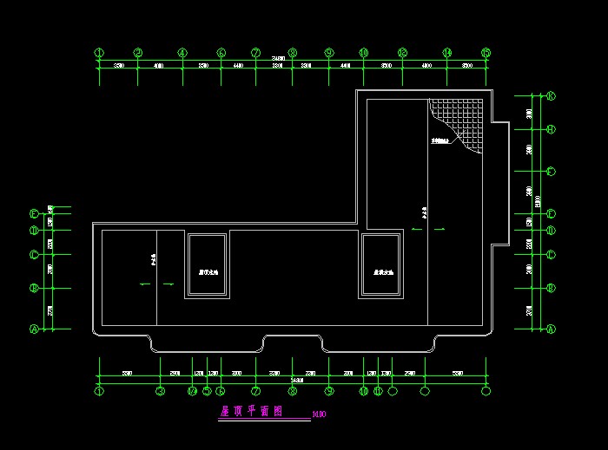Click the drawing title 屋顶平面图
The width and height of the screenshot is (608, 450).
[x=252, y=412]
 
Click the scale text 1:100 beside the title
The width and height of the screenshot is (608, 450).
[x=319, y=414]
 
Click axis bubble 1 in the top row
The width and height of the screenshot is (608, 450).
[x=100, y=53]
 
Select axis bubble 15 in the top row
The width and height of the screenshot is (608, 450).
[x=486, y=53]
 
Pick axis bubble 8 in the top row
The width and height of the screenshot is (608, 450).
[x=293, y=53]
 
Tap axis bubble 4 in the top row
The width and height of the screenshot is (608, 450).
[x=182, y=53]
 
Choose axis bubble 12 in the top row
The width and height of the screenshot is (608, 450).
[x=403, y=53]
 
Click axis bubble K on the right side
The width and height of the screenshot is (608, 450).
[x=551, y=96]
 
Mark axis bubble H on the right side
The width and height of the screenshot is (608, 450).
[x=551, y=129]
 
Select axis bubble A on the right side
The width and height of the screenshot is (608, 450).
[x=551, y=329]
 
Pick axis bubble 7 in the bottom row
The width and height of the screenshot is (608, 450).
[x=256, y=391]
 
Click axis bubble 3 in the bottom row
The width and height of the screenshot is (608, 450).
[x=160, y=391]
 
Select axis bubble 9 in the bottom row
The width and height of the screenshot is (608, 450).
[x=329, y=391]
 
